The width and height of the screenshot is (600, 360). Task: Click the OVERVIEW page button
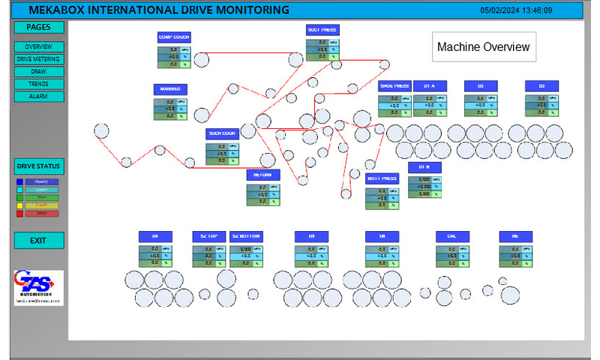pos(39,46)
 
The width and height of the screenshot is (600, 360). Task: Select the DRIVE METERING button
pos(39,58)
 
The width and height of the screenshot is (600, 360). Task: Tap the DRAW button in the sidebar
pos(39,71)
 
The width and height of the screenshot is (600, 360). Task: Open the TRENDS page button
pos(39,84)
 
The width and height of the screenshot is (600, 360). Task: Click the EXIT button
pos(39,241)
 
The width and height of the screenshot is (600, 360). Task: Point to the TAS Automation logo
pos(38,287)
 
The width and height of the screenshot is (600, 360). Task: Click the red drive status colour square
pos(19,214)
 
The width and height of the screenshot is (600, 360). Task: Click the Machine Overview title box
pos(484,47)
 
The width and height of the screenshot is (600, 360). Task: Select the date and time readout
pos(517,10)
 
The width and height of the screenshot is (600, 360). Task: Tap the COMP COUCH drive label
pos(174,37)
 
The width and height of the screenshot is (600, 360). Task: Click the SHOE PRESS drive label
pos(394,85)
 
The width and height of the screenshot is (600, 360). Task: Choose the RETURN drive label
pos(263,175)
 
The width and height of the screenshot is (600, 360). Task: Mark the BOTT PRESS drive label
pos(382,178)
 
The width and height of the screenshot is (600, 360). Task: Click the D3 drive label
pos(541,85)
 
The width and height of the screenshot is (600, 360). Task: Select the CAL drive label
pos(452,236)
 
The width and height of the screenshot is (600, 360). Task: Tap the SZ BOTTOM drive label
pos(246,236)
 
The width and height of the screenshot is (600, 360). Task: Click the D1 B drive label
pos(424,167)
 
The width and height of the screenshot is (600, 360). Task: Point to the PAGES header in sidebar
pos(39,27)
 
